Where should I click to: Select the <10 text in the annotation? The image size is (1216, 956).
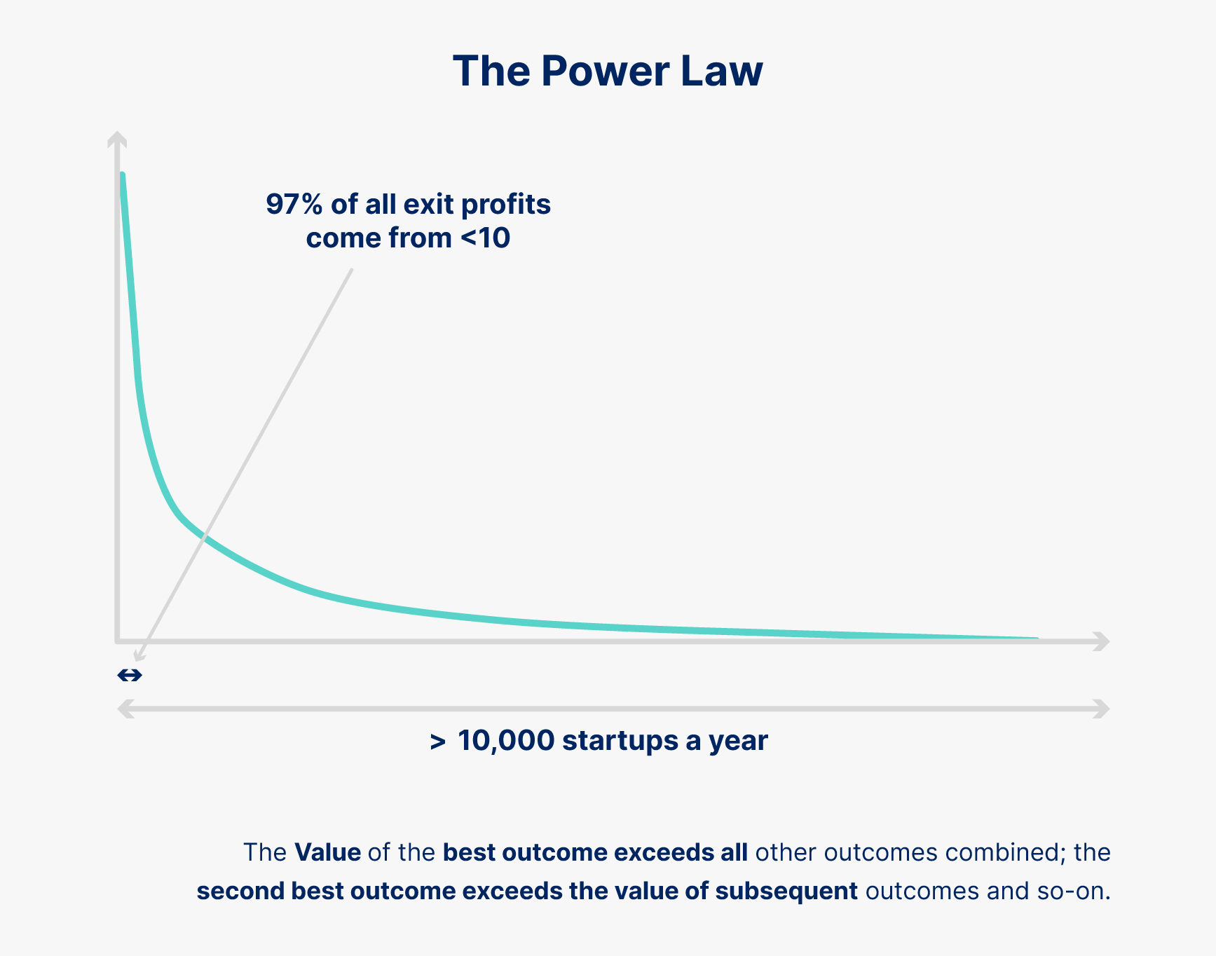pyautogui.click(x=486, y=238)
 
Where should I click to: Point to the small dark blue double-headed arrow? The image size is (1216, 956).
pyautogui.click(x=130, y=675)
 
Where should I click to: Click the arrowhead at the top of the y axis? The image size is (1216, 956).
pyautogui.click(x=117, y=138)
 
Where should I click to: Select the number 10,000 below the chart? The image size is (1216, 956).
pyautogui.click(x=505, y=741)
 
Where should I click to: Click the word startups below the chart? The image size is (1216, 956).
pyautogui.click(x=620, y=741)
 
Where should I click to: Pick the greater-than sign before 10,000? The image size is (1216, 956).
pyautogui.click(x=437, y=742)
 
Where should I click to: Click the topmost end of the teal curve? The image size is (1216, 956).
pyautogui.click(x=123, y=175)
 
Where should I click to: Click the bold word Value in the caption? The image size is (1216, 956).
pyautogui.click(x=327, y=852)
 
